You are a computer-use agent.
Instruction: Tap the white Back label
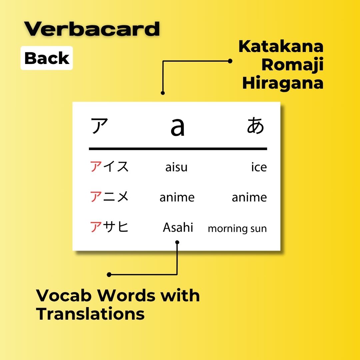pyautogui.click(x=47, y=58)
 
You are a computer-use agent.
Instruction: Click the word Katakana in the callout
pyautogui.click(x=281, y=47)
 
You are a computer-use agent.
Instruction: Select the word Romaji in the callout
pyautogui.click(x=292, y=65)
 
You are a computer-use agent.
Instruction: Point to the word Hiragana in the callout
pyautogui.click(x=283, y=83)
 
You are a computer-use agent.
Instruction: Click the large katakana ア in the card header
pyautogui.click(x=99, y=126)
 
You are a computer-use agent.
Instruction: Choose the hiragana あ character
pyautogui.click(x=255, y=126)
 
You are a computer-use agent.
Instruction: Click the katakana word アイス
pyautogui.click(x=109, y=166)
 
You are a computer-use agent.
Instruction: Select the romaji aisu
pyautogui.click(x=176, y=167)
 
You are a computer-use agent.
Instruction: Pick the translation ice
pyautogui.click(x=259, y=167)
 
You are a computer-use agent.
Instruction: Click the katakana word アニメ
pyautogui.click(x=109, y=197)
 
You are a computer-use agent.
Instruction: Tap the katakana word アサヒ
pyautogui.click(x=109, y=227)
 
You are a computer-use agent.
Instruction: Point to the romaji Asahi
pyautogui.click(x=178, y=228)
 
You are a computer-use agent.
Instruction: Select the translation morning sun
pyautogui.click(x=237, y=229)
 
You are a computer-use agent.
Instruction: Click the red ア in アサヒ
pyautogui.click(x=96, y=227)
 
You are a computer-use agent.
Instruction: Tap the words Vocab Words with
pyautogui.click(x=118, y=295)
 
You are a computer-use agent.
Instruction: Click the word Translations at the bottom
pyautogui.click(x=90, y=314)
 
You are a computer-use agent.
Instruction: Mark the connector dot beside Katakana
pyautogui.click(x=230, y=61)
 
